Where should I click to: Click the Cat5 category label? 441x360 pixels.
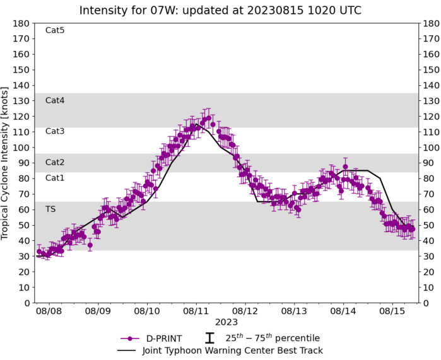(55, 30)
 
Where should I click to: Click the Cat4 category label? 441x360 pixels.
(55, 100)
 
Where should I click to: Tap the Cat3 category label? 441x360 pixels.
(55, 131)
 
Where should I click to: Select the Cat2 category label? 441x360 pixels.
(55, 162)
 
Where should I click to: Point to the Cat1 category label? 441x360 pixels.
(55, 178)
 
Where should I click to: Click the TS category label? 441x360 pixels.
(50, 209)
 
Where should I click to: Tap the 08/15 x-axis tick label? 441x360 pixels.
(392, 311)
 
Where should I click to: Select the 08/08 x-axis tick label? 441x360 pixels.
(49, 311)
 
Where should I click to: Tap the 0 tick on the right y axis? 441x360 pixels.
(426, 303)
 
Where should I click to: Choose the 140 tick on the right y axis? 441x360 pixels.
(431, 86)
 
